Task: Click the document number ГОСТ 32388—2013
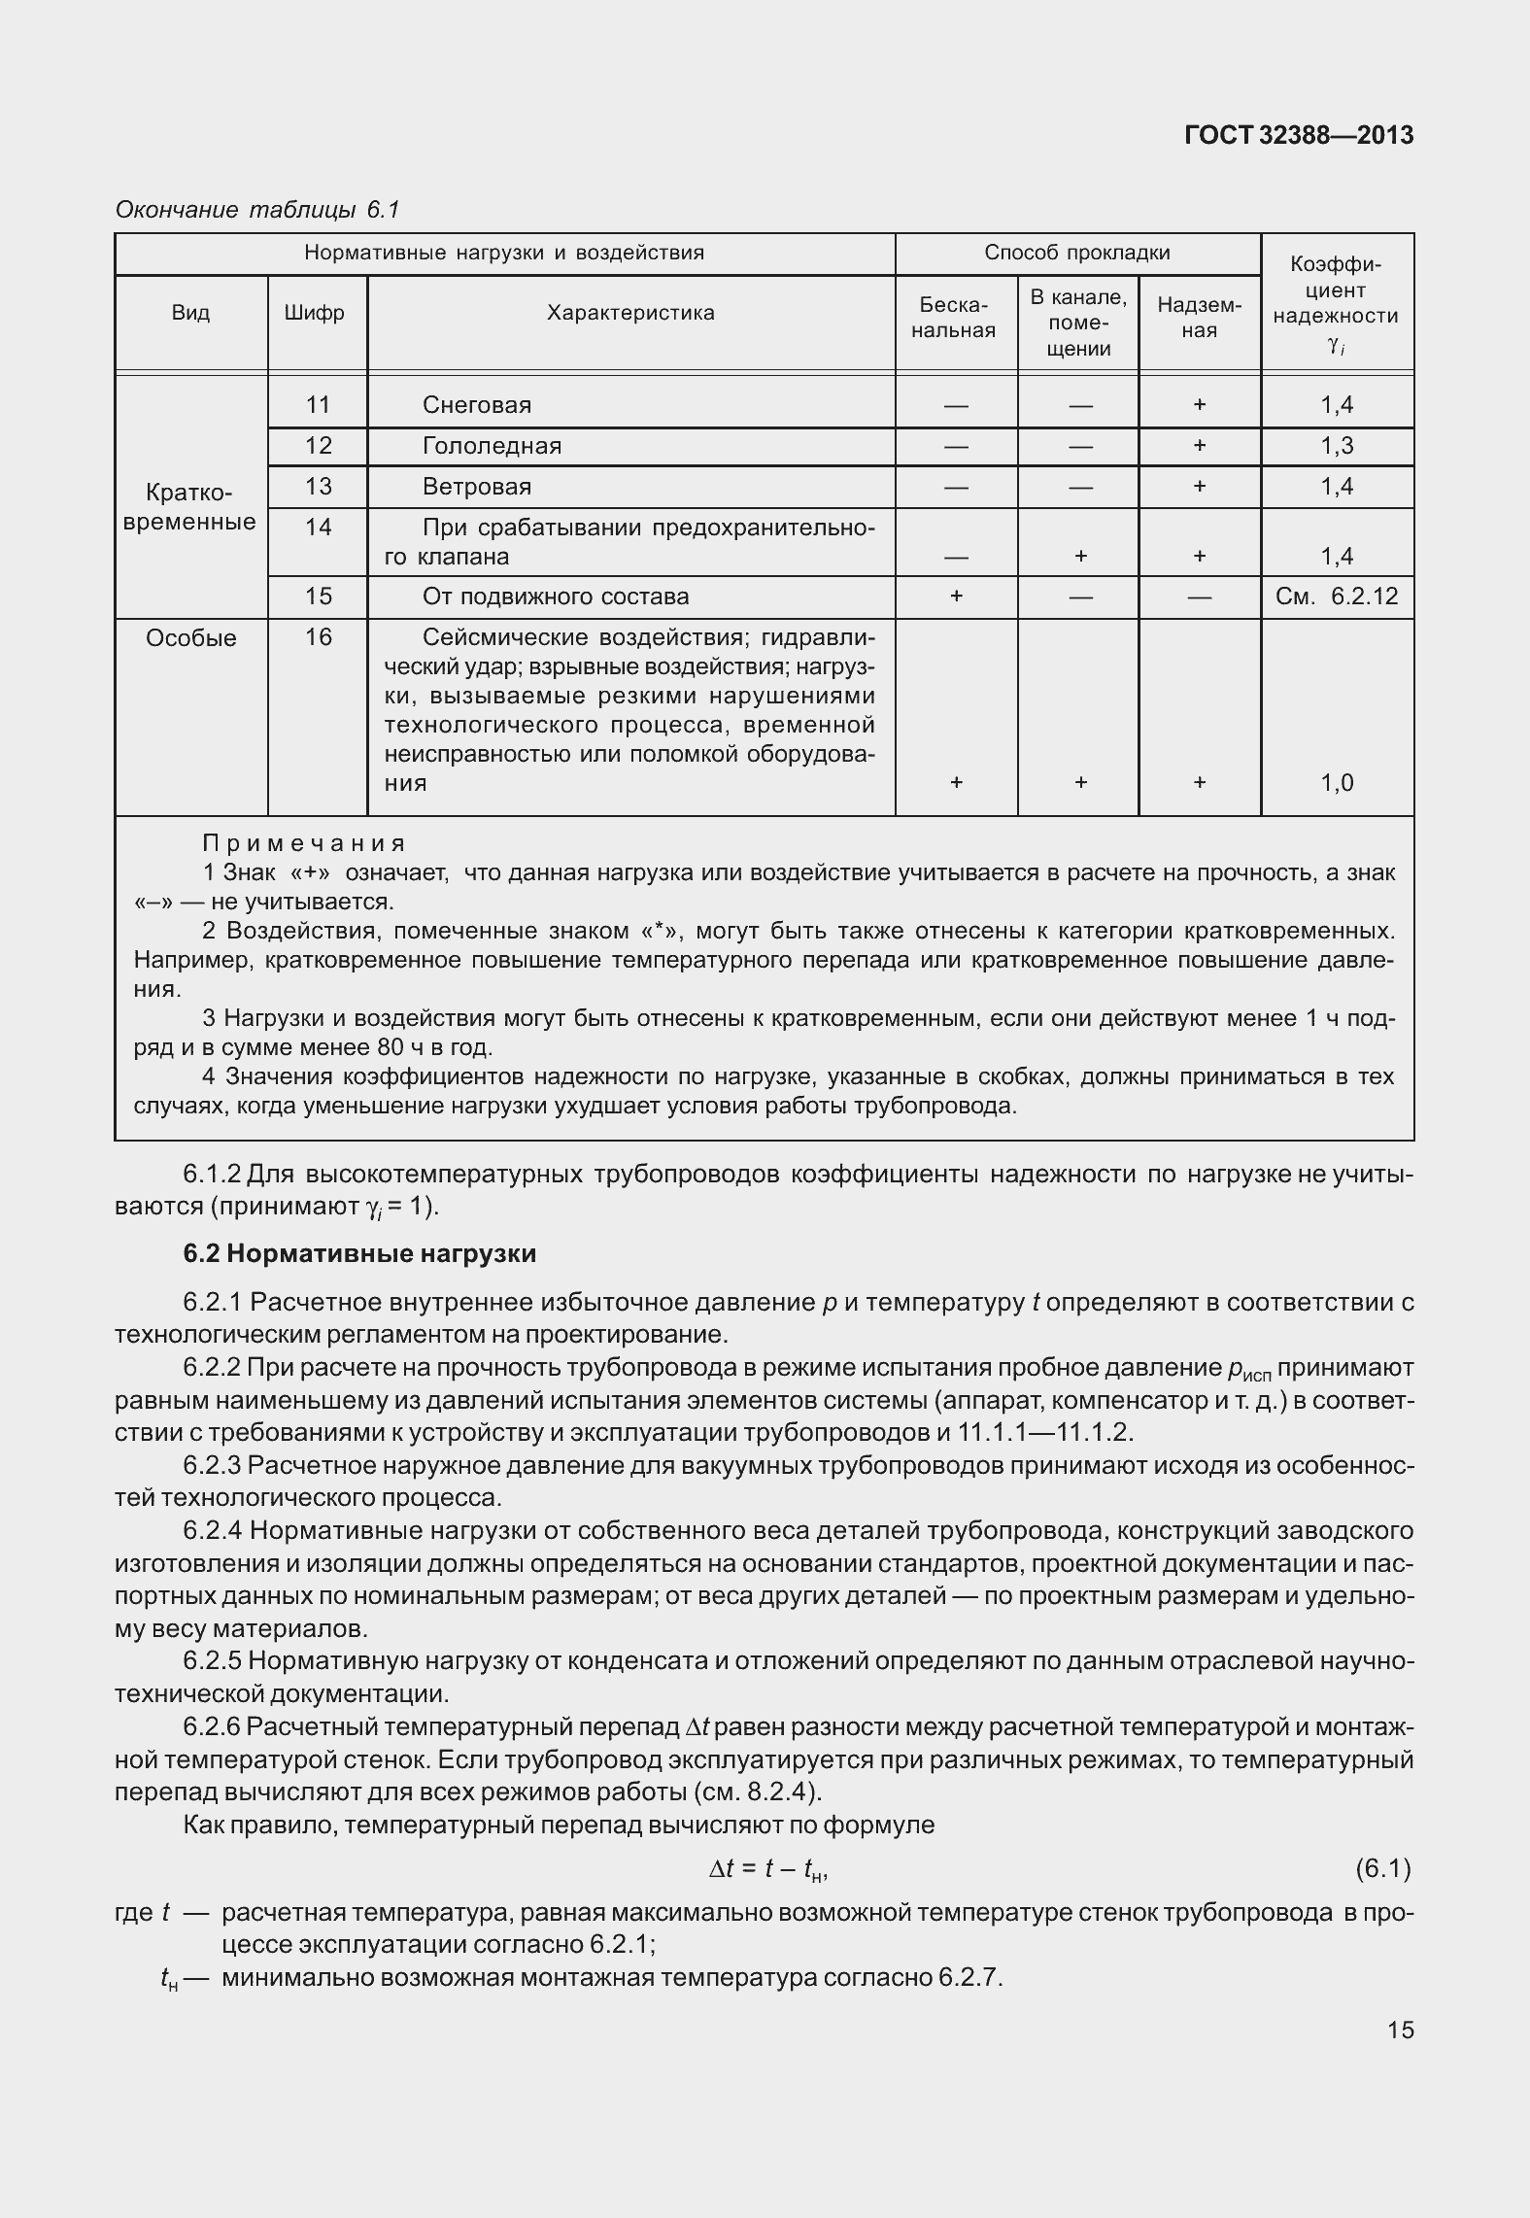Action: tap(1299, 135)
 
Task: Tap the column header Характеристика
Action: tap(630, 313)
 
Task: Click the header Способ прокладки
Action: tap(1077, 253)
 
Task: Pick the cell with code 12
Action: tap(318, 446)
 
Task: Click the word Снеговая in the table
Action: tap(476, 405)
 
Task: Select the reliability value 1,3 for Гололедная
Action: tap(1337, 446)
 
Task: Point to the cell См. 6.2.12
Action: tap(1337, 597)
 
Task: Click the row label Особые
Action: tap(190, 638)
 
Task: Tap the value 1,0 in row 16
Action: tap(1337, 783)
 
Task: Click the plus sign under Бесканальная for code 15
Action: tap(956, 597)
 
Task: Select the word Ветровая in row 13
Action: tap(476, 487)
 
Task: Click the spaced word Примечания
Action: tap(303, 843)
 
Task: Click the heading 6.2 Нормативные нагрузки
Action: tap(359, 1253)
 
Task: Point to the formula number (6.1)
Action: tap(1381, 1868)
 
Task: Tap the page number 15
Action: tap(1400, 2030)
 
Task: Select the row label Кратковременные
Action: tap(190, 507)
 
